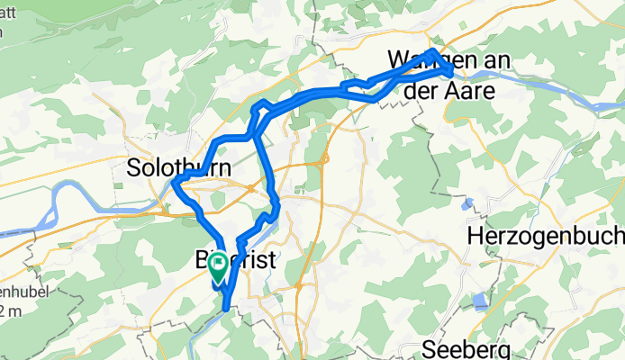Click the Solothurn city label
(178, 168)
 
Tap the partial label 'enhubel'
(23, 292)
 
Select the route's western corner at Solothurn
(174, 185)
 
